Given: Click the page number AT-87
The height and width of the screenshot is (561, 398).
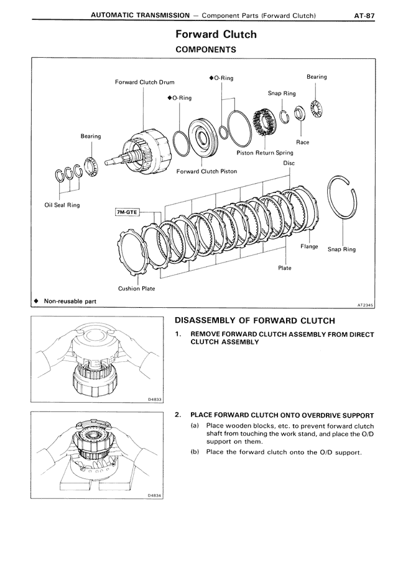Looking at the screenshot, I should (x=363, y=14).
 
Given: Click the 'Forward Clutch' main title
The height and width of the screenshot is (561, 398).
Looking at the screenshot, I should (x=215, y=34).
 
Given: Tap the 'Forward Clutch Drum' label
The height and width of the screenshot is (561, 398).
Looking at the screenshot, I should (x=144, y=82).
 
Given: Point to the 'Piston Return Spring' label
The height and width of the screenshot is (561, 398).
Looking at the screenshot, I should (x=264, y=153).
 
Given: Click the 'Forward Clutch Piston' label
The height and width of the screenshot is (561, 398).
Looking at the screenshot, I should (x=206, y=171).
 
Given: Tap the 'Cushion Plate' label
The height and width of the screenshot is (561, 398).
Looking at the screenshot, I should (x=136, y=289).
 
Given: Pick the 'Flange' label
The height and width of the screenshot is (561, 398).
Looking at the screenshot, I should (x=309, y=246).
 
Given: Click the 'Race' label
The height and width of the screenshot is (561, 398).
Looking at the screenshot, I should (x=302, y=142).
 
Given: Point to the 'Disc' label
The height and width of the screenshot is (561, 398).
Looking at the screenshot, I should (x=289, y=163).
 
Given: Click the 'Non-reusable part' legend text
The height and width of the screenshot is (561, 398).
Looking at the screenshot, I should (x=69, y=301).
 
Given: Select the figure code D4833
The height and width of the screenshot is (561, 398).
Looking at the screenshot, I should (x=155, y=400).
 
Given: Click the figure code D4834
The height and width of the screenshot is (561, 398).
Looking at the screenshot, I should (x=155, y=495).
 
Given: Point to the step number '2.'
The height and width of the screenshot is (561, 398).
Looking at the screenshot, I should (x=178, y=415).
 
